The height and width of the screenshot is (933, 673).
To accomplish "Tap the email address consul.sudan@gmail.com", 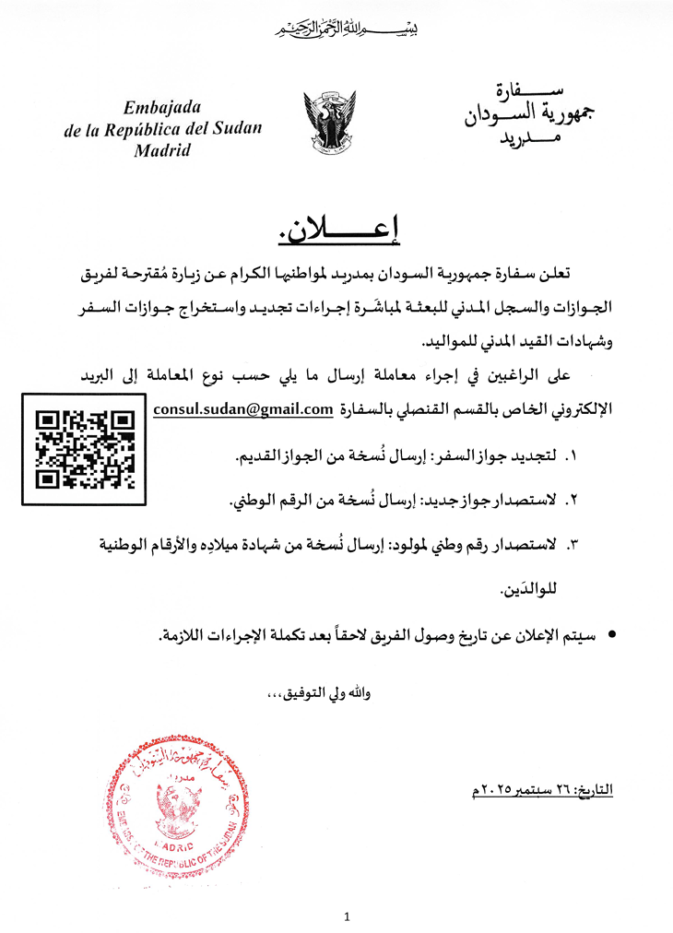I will pos(242,408).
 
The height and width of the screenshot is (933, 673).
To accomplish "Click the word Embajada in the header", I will pos(161,107).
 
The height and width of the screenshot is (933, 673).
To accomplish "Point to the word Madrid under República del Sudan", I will pos(162,150).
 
